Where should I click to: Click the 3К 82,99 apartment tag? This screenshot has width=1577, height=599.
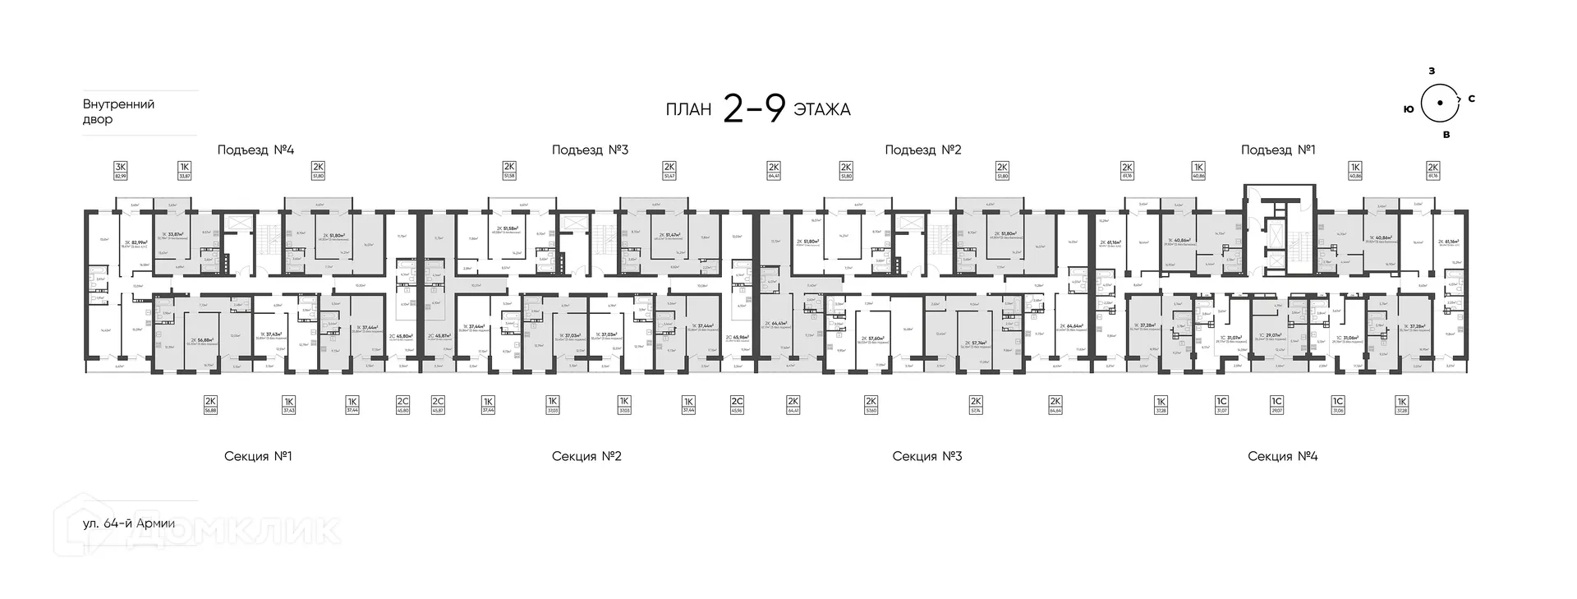121,170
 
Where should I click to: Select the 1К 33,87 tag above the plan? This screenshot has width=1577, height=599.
185,170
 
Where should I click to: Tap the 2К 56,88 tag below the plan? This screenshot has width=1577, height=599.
210,404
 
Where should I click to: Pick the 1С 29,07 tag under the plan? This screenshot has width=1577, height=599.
1276,404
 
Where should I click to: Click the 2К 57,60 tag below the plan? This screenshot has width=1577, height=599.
871,404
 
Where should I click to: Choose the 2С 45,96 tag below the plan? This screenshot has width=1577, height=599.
738,404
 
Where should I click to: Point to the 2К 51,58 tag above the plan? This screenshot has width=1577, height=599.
509,170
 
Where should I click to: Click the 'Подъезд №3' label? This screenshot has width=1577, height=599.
590,150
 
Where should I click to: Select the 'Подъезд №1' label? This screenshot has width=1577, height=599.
1278,150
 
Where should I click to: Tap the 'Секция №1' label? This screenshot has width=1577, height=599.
258,456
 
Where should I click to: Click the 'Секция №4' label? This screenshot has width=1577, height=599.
1282,456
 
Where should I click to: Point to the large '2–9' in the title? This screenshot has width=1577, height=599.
754,108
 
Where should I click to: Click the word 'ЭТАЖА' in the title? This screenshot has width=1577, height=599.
822,110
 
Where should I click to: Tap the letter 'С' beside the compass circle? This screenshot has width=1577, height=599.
1471,99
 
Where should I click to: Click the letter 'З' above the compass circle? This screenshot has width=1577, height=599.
1431,71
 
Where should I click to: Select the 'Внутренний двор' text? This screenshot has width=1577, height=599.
118,112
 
